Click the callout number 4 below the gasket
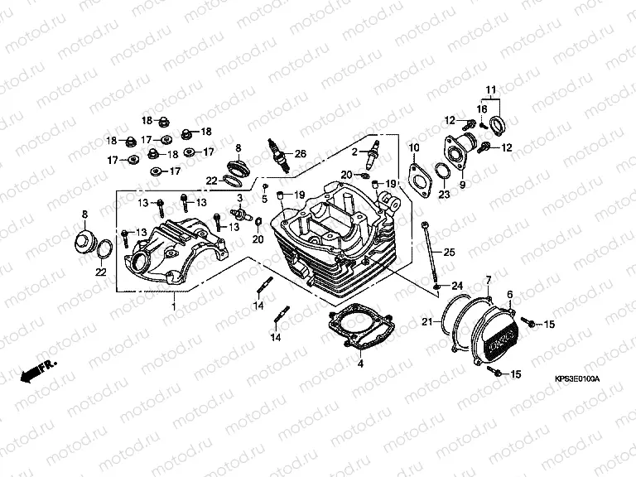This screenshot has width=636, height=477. pyautogui.click(x=360, y=363)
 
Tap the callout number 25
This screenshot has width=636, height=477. pyautogui.click(x=449, y=252)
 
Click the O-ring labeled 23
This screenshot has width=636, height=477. pyautogui.click(x=444, y=171)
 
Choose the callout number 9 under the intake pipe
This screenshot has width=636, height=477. pyautogui.click(x=463, y=184)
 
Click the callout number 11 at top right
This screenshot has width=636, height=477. pyautogui.click(x=489, y=89)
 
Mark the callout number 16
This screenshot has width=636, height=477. pyautogui.click(x=481, y=109)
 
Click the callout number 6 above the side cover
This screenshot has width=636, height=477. pyautogui.click(x=509, y=294)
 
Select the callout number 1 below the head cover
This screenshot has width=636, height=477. pyautogui.click(x=174, y=307)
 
